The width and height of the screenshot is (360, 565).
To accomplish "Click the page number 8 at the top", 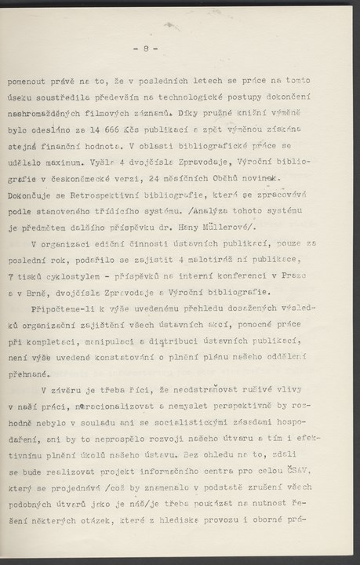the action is click(x=151, y=49).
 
